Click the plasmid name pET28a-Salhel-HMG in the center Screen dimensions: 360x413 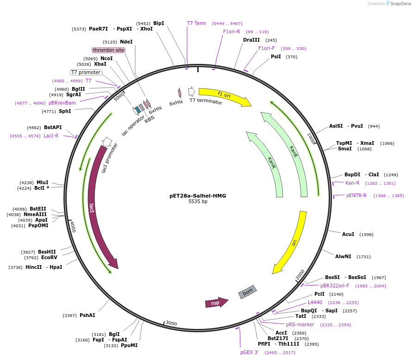click(x=198, y=196)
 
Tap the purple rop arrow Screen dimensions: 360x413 click(x=216, y=303)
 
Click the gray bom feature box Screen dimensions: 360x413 click(x=248, y=292)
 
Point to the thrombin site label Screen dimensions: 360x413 click(x=108, y=50)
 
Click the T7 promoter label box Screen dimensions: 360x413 click(x=86, y=72)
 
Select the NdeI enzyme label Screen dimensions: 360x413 click(x=126, y=42)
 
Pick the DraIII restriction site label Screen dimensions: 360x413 click(x=251, y=40)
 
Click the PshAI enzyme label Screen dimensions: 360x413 click(x=87, y=315)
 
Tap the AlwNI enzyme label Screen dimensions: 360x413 click(x=343, y=256)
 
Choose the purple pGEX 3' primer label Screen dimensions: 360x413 click(x=250, y=353)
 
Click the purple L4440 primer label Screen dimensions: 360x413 click(x=315, y=302)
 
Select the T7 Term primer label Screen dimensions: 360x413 click(x=196, y=23)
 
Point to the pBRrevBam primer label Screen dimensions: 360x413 click(x=62, y=103)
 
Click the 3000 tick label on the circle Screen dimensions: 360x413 click(x=171, y=323)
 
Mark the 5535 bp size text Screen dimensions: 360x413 click(x=198, y=202)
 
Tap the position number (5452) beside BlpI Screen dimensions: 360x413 click(x=143, y=24)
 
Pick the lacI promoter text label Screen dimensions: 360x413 click(x=110, y=158)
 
